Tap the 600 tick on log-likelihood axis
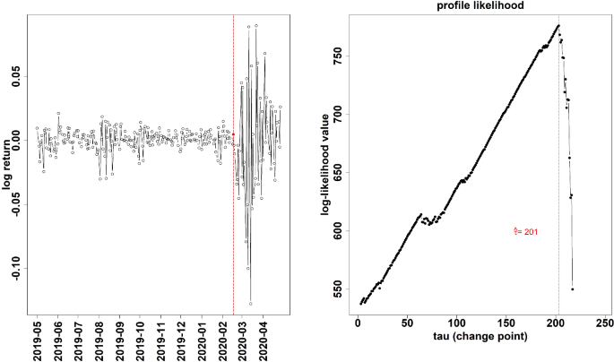pos(337,231)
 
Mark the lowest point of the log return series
pos(250,304)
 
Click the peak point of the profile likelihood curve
pos(558,26)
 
